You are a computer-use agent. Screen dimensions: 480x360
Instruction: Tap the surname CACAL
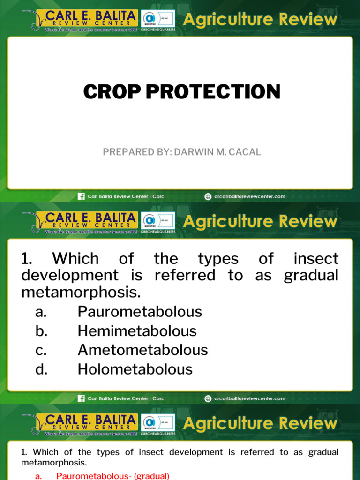[244, 152]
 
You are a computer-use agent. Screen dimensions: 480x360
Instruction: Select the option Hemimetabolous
[137, 331]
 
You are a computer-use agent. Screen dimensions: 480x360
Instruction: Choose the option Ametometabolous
[142, 350]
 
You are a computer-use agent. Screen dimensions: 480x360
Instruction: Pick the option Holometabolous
[135, 369]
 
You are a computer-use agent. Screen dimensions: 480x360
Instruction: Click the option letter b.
[41, 331]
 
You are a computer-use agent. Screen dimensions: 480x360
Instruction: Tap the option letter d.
[41, 369]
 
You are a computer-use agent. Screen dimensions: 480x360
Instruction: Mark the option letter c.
[41, 350]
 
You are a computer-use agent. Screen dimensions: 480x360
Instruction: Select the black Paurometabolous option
[140, 312]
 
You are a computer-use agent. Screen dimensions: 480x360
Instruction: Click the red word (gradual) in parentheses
[151, 476]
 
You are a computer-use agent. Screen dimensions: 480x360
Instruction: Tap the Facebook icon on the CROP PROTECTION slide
[81, 196]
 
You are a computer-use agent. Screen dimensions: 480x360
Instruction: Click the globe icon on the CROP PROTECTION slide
[208, 196]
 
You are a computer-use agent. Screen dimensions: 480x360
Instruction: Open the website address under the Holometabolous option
[249, 398]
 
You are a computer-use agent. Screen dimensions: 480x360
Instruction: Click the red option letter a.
[39, 476]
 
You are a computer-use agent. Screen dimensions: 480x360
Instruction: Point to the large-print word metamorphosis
[81, 293]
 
